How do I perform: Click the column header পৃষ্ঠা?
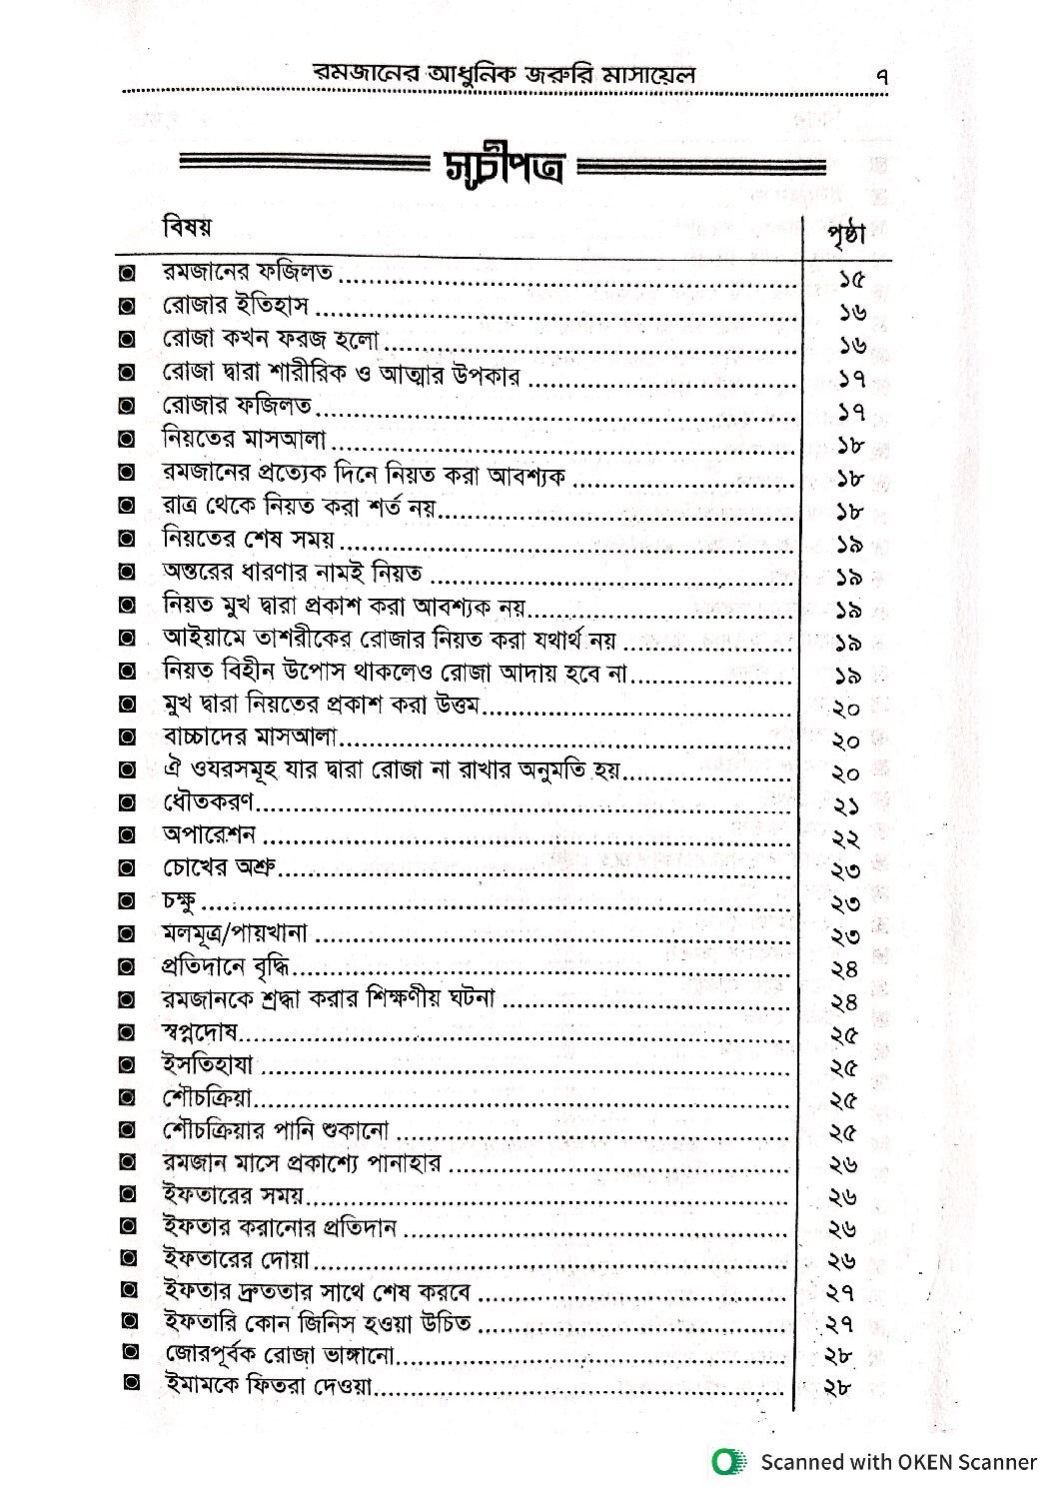(846, 236)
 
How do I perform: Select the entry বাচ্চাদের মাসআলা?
(252, 738)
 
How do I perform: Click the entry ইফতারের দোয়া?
(236, 1258)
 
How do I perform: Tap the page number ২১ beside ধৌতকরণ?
(845, 805)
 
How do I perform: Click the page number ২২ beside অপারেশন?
(845, 837)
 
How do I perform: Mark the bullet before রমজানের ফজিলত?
(127, 274)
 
